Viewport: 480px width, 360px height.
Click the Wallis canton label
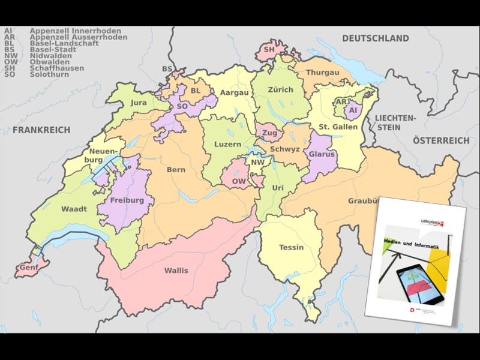176,271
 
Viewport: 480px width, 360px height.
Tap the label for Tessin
291,248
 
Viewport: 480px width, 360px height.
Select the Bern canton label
176,170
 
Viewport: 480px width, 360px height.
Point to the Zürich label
281,90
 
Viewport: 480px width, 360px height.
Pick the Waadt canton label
74,209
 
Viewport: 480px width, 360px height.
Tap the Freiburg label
127,200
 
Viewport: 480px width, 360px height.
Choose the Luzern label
227,145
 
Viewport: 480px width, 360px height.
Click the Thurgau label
323,73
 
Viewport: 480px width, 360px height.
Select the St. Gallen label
338,127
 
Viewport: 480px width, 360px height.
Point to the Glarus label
322,154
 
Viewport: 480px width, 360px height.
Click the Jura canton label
139,103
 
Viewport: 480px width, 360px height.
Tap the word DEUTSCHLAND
375,38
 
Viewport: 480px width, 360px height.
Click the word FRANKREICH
41,130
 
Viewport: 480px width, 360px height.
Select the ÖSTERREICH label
441,140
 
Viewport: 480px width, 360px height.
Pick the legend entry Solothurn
49,74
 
